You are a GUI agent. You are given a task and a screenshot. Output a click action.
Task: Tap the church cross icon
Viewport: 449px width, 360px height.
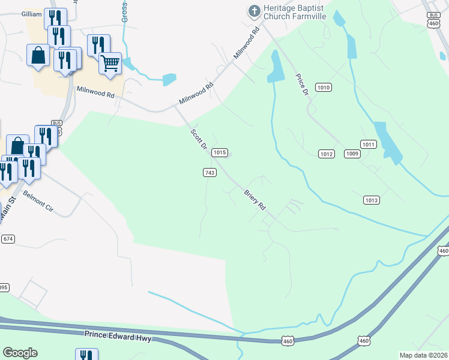click(254, 11)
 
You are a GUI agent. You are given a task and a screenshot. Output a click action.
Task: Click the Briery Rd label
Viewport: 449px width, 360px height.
click(255, 199)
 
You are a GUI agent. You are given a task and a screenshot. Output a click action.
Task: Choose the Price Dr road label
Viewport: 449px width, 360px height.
click(301, 85)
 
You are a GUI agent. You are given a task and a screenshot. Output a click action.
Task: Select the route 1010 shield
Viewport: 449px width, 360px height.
click(324, 88)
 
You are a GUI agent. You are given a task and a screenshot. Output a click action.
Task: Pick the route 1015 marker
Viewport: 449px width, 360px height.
click(220, 152)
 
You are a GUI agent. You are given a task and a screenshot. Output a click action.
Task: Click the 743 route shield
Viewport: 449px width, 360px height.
click(209, 173)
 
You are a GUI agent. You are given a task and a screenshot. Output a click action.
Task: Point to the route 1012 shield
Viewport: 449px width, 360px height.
click(326, 154)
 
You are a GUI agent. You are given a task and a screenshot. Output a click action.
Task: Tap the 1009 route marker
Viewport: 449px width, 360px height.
click(352, 154)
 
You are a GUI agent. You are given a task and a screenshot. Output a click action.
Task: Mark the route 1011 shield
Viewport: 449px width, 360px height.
click(369, 144)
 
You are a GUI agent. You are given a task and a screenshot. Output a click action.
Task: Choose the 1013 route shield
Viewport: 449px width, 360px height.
click(372, 200)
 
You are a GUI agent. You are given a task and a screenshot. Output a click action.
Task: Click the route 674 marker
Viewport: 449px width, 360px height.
click(8, 239)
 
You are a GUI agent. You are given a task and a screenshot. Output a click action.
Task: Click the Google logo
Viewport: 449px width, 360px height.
click(20, 353)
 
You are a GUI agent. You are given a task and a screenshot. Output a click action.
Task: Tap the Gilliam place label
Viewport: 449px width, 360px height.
click(31, 14)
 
